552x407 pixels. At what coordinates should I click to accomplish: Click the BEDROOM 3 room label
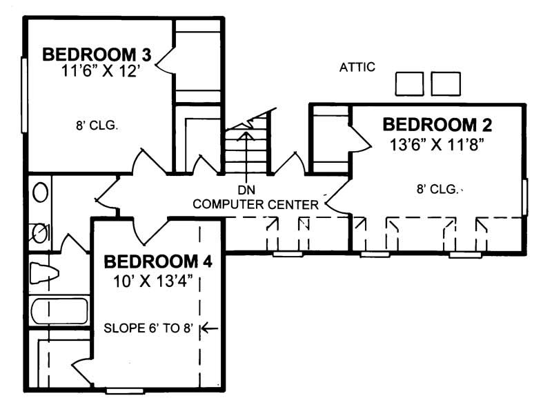pos(97,54)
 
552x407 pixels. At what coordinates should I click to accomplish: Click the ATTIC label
pos(357,67)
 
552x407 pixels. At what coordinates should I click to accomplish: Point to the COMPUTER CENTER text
pos(255,204)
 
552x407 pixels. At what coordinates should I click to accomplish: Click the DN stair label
pos(246,189)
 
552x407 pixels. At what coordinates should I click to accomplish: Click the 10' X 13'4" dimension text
pos(157,281)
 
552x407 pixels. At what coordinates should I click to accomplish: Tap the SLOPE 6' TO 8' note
pos(146,328)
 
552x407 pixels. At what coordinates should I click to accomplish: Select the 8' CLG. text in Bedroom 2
pos(437,188)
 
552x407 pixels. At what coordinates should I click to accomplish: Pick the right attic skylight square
pos(445,83)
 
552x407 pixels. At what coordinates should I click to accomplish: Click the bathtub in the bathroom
pos(59,310)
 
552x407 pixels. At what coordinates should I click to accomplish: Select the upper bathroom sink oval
pos(41,191)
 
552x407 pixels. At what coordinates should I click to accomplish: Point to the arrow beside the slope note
pos(209,328)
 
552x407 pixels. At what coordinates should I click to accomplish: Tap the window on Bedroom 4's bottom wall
pos(124,391)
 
